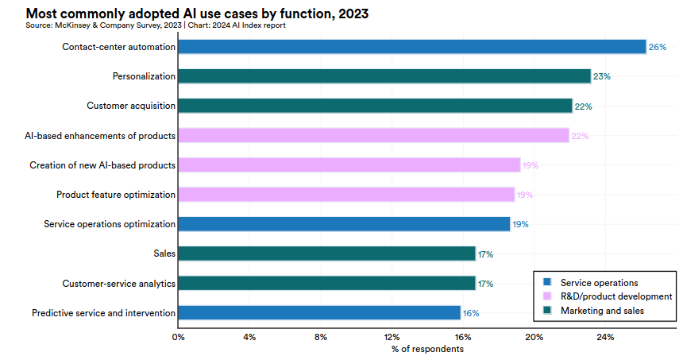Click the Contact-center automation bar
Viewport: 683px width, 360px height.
click(411, 47)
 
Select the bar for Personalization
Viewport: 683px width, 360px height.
click(384, 76)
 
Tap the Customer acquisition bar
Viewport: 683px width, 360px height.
click(375, 106)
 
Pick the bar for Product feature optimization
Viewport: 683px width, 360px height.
click(346, 194)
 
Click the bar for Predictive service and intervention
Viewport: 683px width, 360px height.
click(318, 312)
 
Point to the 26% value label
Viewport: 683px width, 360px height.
click(657, 47)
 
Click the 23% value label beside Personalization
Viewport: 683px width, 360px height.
click(601, 76)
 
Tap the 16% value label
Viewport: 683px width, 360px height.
click(470, 312)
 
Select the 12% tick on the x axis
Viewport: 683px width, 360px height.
click(392, 337)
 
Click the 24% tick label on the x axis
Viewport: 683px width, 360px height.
click(605, 337)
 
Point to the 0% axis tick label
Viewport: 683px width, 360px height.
click(178, 337)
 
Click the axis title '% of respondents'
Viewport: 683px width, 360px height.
click(427, 349)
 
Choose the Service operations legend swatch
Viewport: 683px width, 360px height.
click(546, 282)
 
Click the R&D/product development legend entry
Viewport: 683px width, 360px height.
click(616, 296)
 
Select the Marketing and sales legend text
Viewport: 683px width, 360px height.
click(602, 310)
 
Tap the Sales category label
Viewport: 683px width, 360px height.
click(164, 254)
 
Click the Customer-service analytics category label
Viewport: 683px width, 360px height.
click(119, 283)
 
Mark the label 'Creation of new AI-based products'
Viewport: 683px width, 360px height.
click(102, 165)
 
